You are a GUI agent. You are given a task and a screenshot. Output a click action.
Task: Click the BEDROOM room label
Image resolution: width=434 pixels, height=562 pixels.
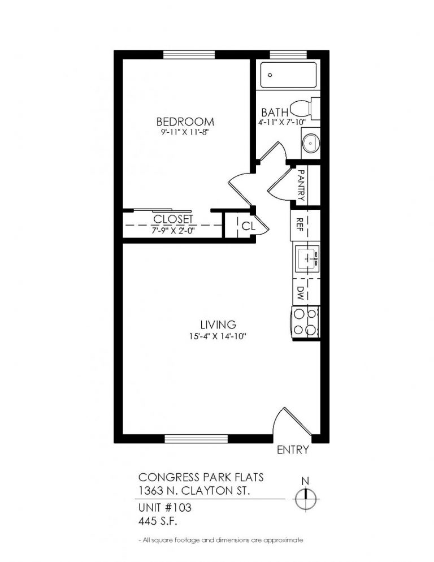pyautogui.click(x=185, y=122)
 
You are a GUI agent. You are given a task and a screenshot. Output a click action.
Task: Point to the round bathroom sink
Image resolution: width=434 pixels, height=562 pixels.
pyautogui.click(x=310, y=144)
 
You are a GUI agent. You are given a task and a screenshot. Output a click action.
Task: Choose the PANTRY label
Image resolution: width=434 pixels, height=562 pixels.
pyautogui.click(x=301, y=185)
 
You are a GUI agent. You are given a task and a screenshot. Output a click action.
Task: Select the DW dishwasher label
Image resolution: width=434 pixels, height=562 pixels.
pyautogui.click(x=301, y=292)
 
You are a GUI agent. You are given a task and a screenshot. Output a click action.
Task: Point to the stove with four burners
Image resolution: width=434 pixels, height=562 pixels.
pyautogui.click(x=305, y=322)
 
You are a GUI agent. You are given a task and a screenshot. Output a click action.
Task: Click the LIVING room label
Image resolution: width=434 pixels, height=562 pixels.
pyautogui.click(x=218, y=325)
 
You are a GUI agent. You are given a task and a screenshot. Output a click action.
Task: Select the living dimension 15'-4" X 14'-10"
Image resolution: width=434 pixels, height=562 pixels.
pyautogui.click(x=218, y=336)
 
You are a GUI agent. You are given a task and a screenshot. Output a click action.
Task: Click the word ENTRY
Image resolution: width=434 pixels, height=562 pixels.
pyautogui.click(x=293, y=451)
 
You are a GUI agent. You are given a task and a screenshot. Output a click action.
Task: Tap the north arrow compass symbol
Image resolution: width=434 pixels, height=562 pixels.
pyautogui.click(x=306, y=498)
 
